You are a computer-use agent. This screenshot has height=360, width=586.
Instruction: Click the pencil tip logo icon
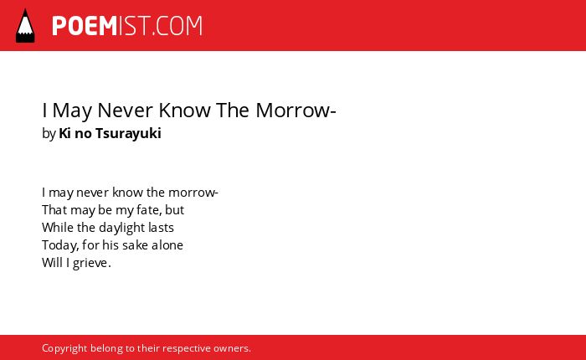tap(25, 25)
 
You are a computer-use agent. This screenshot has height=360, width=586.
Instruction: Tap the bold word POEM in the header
tap(85, 26)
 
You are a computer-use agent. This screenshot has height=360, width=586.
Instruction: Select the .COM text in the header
tap(177, 26)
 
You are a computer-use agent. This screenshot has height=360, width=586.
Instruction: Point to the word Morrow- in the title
tap(296, 111)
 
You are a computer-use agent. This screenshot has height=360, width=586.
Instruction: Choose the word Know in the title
tap(184, 111)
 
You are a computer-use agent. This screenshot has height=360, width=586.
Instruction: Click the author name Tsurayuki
tap(128, 133)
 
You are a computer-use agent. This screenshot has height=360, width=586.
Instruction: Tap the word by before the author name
tap(49, 133)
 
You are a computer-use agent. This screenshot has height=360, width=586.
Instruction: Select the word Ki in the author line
tap(64, 133)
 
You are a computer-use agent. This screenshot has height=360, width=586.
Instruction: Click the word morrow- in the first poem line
tap(193, 193)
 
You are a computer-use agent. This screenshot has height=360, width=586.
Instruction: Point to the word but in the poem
tap(174, 210)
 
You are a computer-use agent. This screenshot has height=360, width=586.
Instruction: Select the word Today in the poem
tap(59, 245)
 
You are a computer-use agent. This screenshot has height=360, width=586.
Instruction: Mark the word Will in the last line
tap(52, 263)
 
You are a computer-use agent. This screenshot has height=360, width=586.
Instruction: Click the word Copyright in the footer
tap(64, 348)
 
